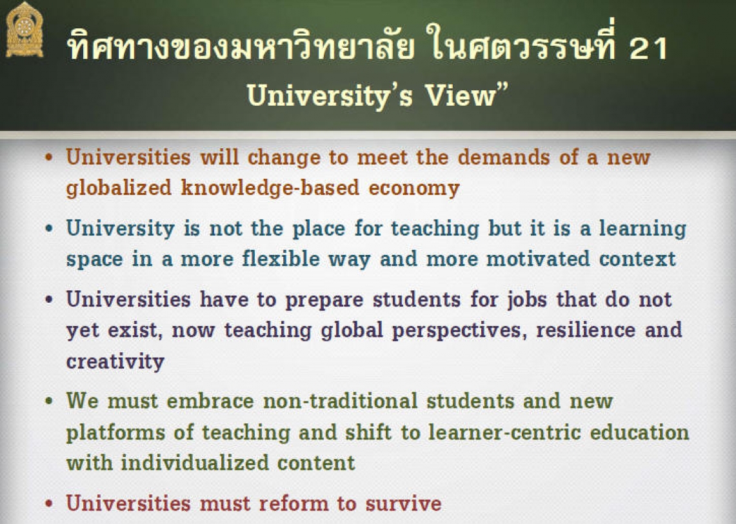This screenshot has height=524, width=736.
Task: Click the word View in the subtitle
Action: click(x=461, y=96)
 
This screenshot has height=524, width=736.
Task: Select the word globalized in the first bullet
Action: click(x=119, y=188)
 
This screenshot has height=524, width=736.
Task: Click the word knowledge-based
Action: click(x=270, y=188)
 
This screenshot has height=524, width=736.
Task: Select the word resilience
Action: click(x=586, y=330)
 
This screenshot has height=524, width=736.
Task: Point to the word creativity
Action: click(x=115, y=361)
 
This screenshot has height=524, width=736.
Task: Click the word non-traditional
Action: click(x=341, y=401)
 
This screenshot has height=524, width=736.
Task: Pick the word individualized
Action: click(x=194, y=463)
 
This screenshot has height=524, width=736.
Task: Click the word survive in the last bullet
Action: click(x=404, y=504)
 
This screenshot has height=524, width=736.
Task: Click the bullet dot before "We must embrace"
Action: click(x=49, y=401)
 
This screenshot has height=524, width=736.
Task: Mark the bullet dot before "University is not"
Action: click(x=49, y=228)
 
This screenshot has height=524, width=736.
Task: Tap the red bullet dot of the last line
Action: click(x=49, y=504)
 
